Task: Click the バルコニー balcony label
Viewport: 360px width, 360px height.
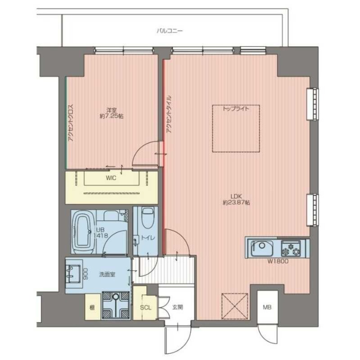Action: tap(170, 31)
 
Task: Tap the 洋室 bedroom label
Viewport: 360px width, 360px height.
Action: tap(111, 110)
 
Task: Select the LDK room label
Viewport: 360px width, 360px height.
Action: tap(237, 197)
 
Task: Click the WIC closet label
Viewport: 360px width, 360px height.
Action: tap(111, 178)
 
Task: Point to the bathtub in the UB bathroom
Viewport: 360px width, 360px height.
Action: tap(83, 232)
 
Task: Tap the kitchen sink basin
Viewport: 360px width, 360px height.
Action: tap(262, 248)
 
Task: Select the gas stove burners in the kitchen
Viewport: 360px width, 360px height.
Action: tap(291, 249)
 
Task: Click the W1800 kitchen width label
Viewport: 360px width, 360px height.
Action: tap(278, 261)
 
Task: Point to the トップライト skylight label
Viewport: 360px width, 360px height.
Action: tap(236, 108)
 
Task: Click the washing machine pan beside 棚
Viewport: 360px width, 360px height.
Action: tap(116, 306)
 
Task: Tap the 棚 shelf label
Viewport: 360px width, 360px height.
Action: tap(92, 307)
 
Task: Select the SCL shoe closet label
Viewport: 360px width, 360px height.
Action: tap(145, 307)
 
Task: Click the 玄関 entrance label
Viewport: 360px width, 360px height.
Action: tap(177, 307)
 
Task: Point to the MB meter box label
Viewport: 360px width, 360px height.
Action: tap(267, 307)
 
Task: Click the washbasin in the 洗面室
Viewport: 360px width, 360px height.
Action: tap(73, 274)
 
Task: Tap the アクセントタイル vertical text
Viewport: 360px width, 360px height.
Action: tap(169, 114)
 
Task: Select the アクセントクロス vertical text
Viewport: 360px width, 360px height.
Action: tap(71, 123)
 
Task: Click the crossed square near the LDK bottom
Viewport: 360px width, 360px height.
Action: tap(234, 306)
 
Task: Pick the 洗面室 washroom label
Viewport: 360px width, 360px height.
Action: tap(107, 274)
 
